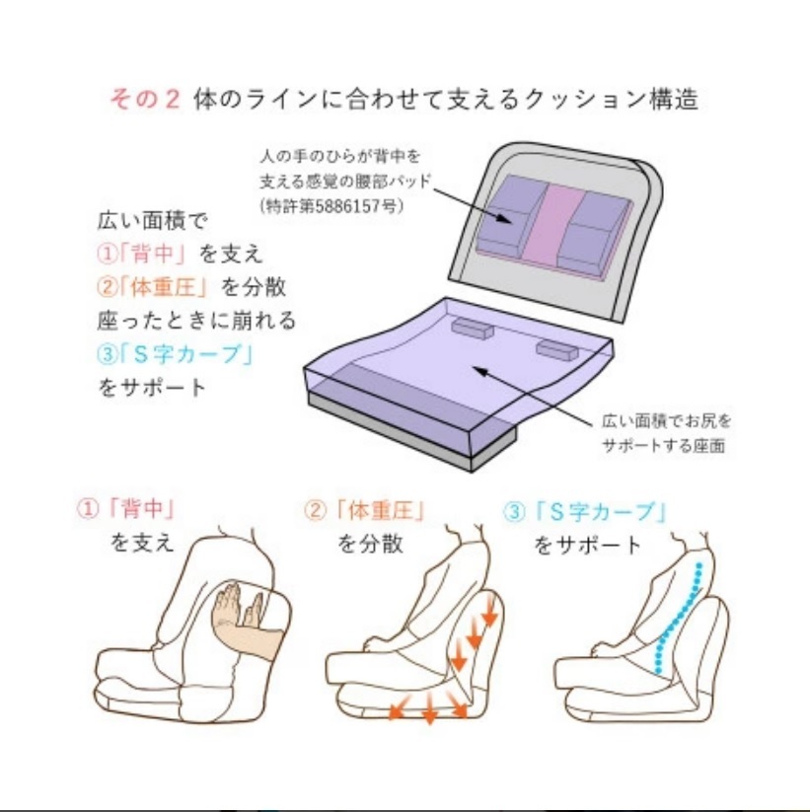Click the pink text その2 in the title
pos(144,101)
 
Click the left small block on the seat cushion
pos(472,329)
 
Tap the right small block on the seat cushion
pos(554,349)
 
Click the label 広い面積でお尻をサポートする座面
pos(666,432)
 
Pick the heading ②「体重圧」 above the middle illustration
pos(366,511)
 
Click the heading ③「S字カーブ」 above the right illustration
pos(585,511)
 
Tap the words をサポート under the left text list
pos(153,387)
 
